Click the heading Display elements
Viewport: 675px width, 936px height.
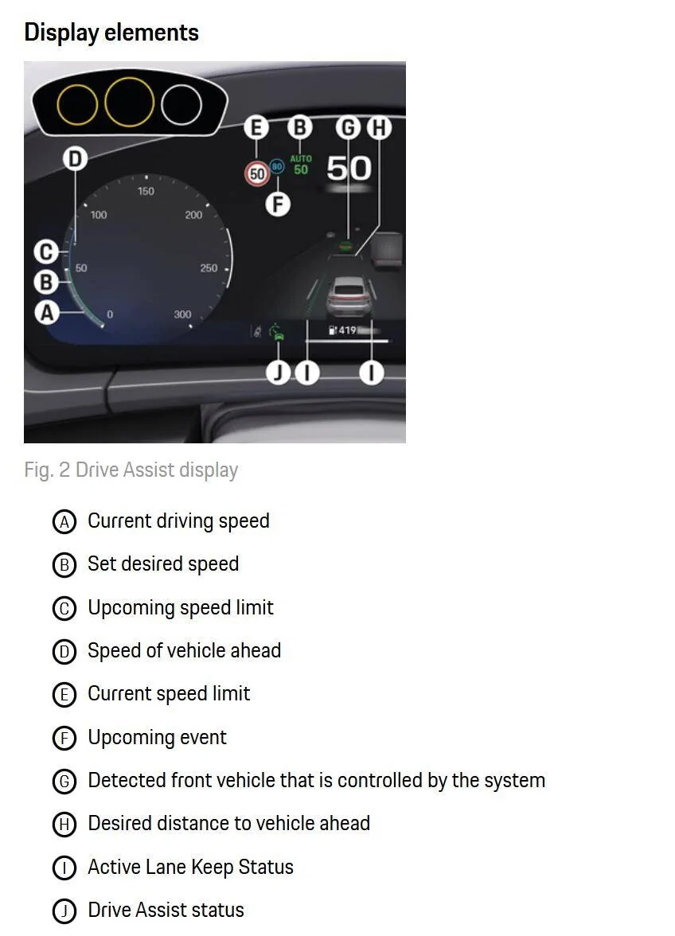111,33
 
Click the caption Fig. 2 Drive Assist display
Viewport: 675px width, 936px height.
131,470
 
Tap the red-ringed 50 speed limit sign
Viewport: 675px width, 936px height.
257,173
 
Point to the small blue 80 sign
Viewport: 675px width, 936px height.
277,166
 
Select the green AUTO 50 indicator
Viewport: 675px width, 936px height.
301,165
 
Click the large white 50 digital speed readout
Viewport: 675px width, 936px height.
349,168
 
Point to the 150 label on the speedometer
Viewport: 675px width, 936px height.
146,191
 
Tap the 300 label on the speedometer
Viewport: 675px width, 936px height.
182,314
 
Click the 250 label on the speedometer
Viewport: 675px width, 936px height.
209,268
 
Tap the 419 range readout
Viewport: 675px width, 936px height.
345,330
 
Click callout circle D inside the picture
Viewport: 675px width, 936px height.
75,159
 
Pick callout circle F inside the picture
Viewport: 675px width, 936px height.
277,205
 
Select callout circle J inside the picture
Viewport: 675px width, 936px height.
278,372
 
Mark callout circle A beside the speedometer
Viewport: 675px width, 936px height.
47,313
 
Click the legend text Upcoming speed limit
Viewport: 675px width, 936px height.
181,607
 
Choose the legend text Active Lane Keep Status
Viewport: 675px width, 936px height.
190,867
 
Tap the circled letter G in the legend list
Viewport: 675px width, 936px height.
64,781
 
